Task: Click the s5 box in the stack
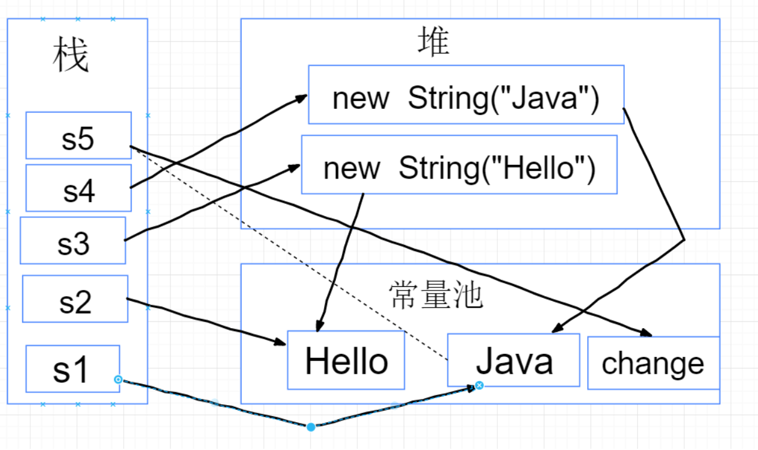pyautogui.click(x=78, y=135)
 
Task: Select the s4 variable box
pyautogui.click(x=78, y=188)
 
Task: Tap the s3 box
pyautogui.click(x=73, y=240)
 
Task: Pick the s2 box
pyautogui.click(x=75, y=299)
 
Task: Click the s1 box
pyautogui.click(x=72, y=368)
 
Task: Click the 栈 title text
pyautogui.click(x=70, y=57)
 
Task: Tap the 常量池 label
pyautogui.click(x=435, y=295)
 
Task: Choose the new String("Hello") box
pyautogui.click(x=459, y=165)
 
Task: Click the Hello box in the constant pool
pyautogui.click(x=346, y=361)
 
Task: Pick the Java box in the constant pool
pyautogui.click(x=513, y=360)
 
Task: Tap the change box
pyautogui.click(x=653, y=363)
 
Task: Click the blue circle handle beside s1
pyautogui.click(x=118, y=380)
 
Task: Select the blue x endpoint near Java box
pyautogui.click(x=479, y=385)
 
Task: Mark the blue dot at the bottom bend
pyautogui.click(x=311, y=427)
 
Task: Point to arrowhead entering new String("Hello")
pyautogui.click(x=295, y=165)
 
